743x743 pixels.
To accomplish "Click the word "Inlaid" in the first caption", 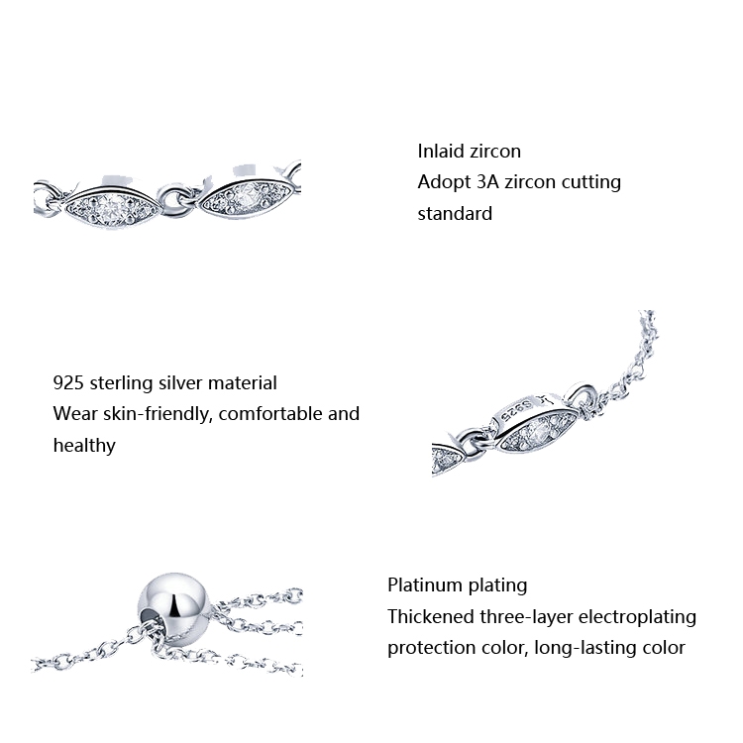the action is click(441, 152).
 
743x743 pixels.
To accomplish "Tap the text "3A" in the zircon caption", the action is click(487, 182).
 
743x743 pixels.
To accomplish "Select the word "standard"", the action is click(455, 214).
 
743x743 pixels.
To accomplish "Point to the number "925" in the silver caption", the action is click(68, 382).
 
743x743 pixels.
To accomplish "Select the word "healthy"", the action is click(84, 446).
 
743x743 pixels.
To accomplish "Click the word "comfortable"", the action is click(270, 414).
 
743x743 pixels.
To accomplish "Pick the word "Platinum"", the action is click(426, 584).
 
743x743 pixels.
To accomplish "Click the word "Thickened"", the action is click(431, 616).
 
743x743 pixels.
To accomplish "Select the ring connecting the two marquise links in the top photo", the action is click(175, 201).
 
